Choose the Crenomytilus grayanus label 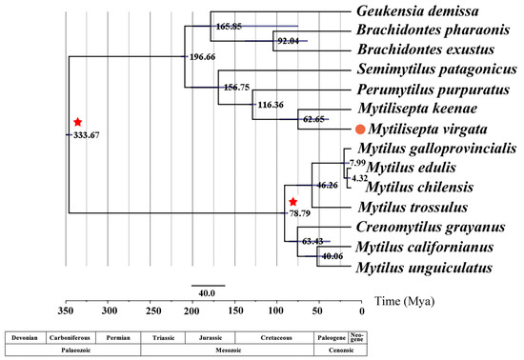[x=421, y=228]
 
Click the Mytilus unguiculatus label [x=417, y=269]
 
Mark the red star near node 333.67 [x=78, y=122]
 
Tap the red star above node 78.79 [x=292, y=202]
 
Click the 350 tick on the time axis [x=66, y=310]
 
